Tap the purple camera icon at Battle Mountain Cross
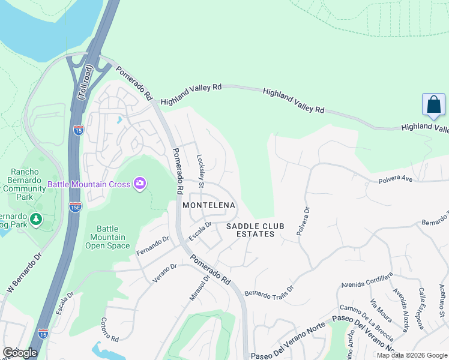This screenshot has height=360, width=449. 140,183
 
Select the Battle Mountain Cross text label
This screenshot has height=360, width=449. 97,184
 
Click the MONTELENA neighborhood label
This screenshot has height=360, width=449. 209,205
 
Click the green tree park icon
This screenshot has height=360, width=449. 36,220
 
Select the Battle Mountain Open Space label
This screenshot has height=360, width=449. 107,237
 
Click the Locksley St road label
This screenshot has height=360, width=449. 201,172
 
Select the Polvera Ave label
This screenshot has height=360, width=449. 396,179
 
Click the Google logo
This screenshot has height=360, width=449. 20,353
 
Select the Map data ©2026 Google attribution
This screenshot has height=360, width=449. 411,355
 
